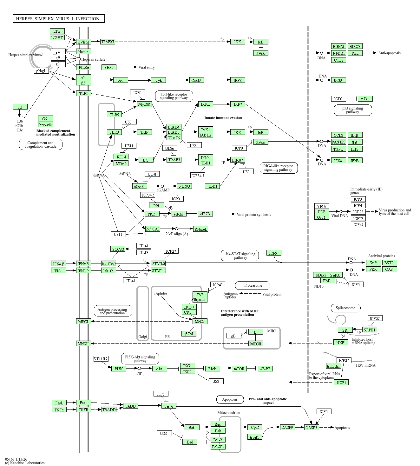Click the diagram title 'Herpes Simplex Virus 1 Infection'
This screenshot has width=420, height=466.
(x=59, y=19)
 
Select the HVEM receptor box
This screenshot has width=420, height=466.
(x=83, y=42)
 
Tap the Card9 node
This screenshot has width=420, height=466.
(x=196, y=80)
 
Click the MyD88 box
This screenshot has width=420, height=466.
(x=144, y=104)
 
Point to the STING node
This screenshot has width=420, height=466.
(x=184, y=186)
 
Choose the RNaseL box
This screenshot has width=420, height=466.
(x=200, y=229)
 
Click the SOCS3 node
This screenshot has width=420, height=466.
(x=118, y=249)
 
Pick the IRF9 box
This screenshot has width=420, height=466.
(x=273, y=253)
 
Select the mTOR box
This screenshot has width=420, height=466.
(x=239, y=369)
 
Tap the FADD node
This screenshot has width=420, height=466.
(x=130, y=406)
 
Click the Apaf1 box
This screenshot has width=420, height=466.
(x=254, y=437)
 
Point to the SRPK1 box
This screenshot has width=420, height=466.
(x=370, y=330)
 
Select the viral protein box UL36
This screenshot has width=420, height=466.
(x=170, y=148)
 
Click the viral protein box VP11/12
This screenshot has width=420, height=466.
(x=101, y=359)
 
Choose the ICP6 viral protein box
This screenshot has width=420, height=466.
(x=161, y=394)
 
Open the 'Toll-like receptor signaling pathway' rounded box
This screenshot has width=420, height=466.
(x=174, y=96)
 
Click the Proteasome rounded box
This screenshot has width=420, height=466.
(x=253, y=285)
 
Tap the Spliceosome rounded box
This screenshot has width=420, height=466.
(x=345, y=308)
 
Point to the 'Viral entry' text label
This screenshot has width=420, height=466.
(x=147, y=67)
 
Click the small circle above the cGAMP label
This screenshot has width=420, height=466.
(x=162, y=186)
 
